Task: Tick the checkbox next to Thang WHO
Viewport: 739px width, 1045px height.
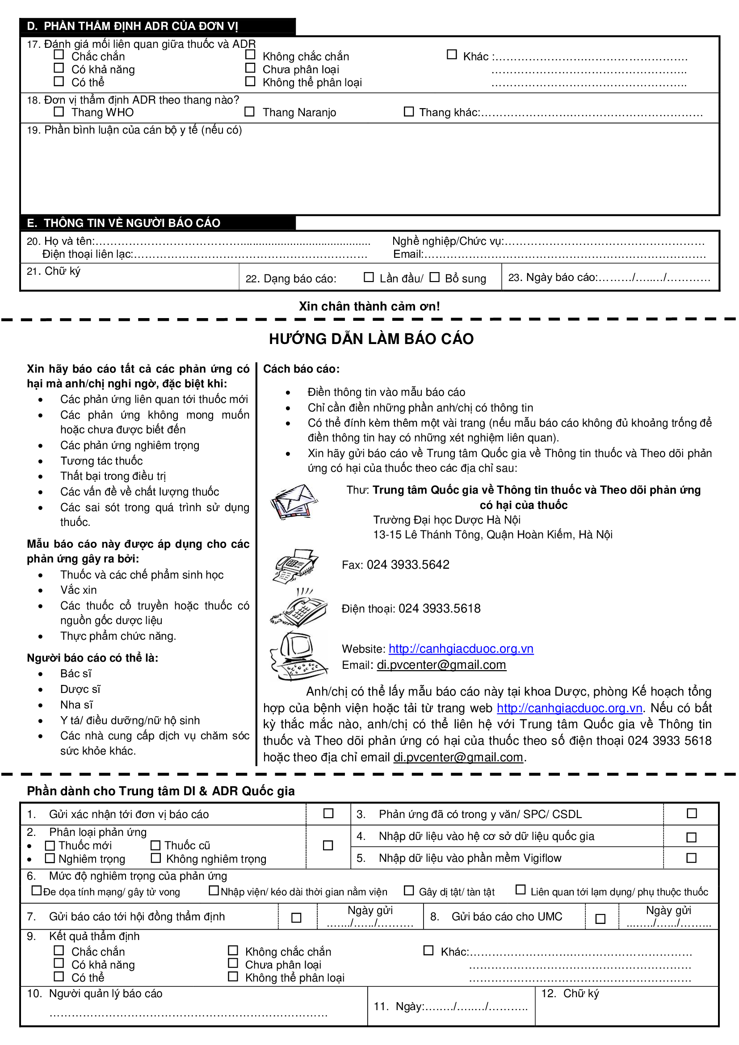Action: [x=59, y=112]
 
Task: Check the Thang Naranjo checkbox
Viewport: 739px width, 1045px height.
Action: [x=249, y=112]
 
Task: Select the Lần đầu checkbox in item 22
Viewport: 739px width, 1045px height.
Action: [x=369, y=277]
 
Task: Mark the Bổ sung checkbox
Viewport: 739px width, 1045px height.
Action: [x=435, y=277]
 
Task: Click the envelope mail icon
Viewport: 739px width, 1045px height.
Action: [x=294, y=502]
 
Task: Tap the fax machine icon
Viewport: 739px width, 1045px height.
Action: [x=295, y=566]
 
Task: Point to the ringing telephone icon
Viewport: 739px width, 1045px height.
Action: [x=298, y=608]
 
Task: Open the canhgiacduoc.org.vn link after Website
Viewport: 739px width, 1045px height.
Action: [x=461, y=649]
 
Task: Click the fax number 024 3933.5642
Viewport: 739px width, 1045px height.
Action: [x=408, y=565]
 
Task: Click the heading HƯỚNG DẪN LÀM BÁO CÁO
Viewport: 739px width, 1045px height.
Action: [x=371, y=339]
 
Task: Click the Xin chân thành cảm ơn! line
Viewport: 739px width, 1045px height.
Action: [x=369, y=306]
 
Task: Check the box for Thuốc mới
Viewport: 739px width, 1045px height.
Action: [x=50, y=845]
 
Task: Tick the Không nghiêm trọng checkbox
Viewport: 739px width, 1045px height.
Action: [x=156, y=858]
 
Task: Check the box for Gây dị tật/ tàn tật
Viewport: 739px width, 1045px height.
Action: [x=409, y=890]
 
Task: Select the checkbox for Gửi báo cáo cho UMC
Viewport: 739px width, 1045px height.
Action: [x=600, y=919]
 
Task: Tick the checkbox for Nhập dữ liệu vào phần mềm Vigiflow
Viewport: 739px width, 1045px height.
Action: [x=691, y=858]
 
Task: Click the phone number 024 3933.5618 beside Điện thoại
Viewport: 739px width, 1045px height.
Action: [x=439, y=609]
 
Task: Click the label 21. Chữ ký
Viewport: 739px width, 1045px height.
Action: [x=54, y=271]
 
